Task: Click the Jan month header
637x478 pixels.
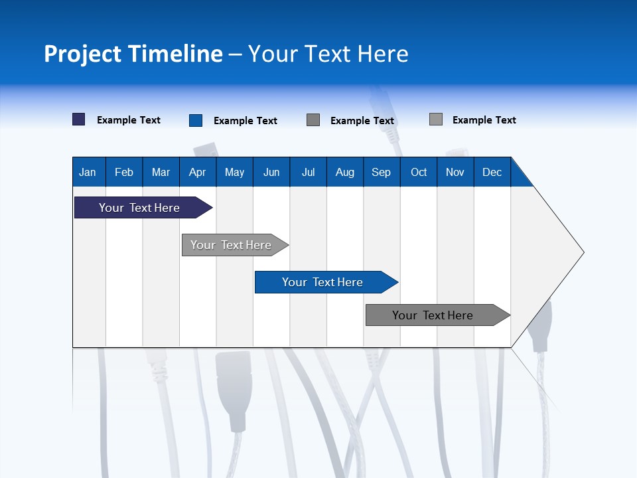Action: click(x=88, y=173)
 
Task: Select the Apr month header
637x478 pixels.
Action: click(x=197, y=173)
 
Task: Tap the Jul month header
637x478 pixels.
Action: click(x=308, y=173)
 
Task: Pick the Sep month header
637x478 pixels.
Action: click(x=381, y=173)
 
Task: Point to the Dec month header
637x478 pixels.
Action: click(x=492, y=173)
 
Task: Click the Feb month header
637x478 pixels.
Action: click(x=124, y=173)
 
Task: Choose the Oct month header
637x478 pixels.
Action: click(x=419, y=173)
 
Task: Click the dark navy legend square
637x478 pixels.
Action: click(x=79, y=119)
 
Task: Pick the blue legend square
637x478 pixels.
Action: click(x=196, y=120)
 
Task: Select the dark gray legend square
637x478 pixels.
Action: click(x=313, y=120)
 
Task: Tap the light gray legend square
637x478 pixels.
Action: click(x=436, y=119)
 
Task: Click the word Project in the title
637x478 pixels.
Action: click(x=83, y=54)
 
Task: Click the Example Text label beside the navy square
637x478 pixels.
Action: click(x=129, y=120)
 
